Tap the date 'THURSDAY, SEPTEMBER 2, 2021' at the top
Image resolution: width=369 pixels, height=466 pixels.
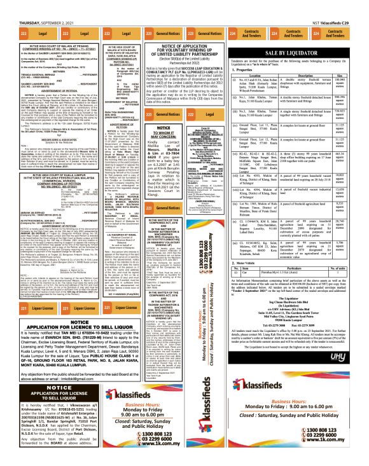(30, 4)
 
